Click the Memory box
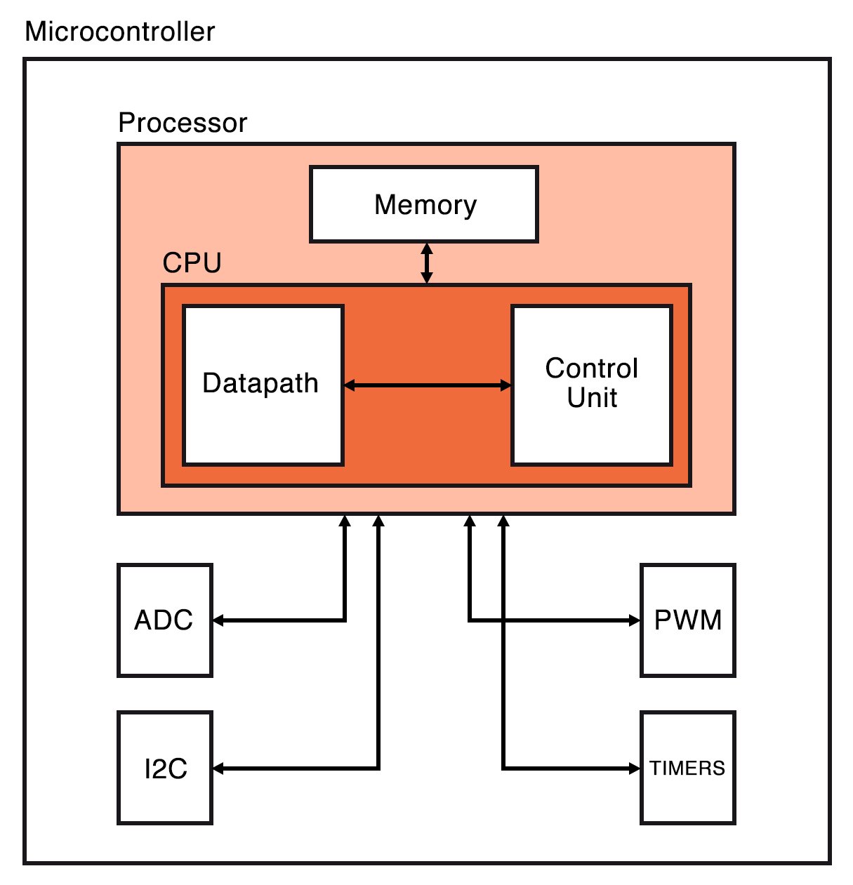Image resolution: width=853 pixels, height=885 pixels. click(424, 204)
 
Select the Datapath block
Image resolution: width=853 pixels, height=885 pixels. click(263, 385)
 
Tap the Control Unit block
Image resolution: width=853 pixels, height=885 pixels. click(592, 385)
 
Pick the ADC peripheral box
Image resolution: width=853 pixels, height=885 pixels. click(164, 620)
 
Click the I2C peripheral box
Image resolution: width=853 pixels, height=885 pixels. click(164, 768)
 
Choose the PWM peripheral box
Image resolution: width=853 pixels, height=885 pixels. click(687, 620)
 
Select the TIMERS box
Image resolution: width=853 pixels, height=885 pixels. click(687, 768)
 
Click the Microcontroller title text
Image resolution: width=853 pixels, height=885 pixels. click(119, 32)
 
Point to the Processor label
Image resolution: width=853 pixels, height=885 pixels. click(183, 123)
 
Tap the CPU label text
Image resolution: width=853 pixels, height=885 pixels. click(192, 263)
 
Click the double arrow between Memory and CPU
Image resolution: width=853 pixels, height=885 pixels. click(426, 263)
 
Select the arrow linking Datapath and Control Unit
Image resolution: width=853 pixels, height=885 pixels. click(427, 385)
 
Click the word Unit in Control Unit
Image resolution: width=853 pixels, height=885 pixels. click(592, 398)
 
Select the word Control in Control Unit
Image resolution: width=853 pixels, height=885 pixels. click(592, 368)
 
